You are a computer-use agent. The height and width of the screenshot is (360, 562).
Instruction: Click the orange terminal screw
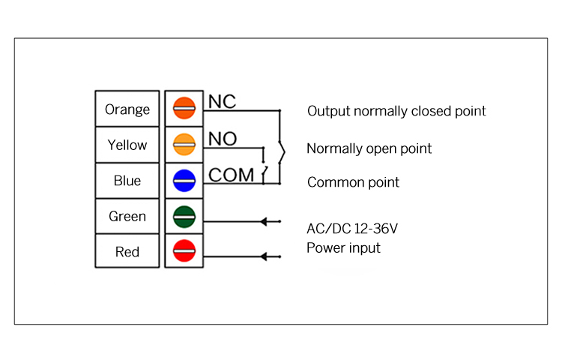(184, 108)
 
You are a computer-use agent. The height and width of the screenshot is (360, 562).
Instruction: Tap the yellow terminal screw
(184, 144)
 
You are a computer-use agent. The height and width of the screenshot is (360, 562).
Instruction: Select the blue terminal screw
(184, 180)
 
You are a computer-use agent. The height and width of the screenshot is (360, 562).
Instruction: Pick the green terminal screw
(184, 216)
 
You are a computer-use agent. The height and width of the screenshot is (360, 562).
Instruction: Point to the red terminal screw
(184, 251)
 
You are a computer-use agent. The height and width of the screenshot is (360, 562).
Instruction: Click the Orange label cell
(127, 109)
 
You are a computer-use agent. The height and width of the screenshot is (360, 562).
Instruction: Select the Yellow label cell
(127, 145)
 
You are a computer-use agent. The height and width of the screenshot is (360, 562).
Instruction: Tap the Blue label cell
(127, 181)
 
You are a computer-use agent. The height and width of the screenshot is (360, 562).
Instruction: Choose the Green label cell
(127, 216)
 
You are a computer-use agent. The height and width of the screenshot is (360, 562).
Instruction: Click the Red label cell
(127, 251)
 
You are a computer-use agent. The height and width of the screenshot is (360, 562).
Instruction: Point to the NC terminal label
(222, 101)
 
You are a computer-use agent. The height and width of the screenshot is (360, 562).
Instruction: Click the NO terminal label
(223, 138)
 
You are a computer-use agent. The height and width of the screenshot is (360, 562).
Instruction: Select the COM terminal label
(231, 175)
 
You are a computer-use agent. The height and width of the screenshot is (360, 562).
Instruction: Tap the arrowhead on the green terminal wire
(264, 221)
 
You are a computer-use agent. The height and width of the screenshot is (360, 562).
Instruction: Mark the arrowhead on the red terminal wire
(264, 256)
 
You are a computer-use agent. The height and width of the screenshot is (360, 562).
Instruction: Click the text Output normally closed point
(396, 111)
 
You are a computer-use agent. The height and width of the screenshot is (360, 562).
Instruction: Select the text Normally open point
(369, 148)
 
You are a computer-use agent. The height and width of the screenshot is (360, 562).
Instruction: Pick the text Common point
(353, 182)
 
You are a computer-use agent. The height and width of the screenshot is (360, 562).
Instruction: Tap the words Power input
(343, 247)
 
